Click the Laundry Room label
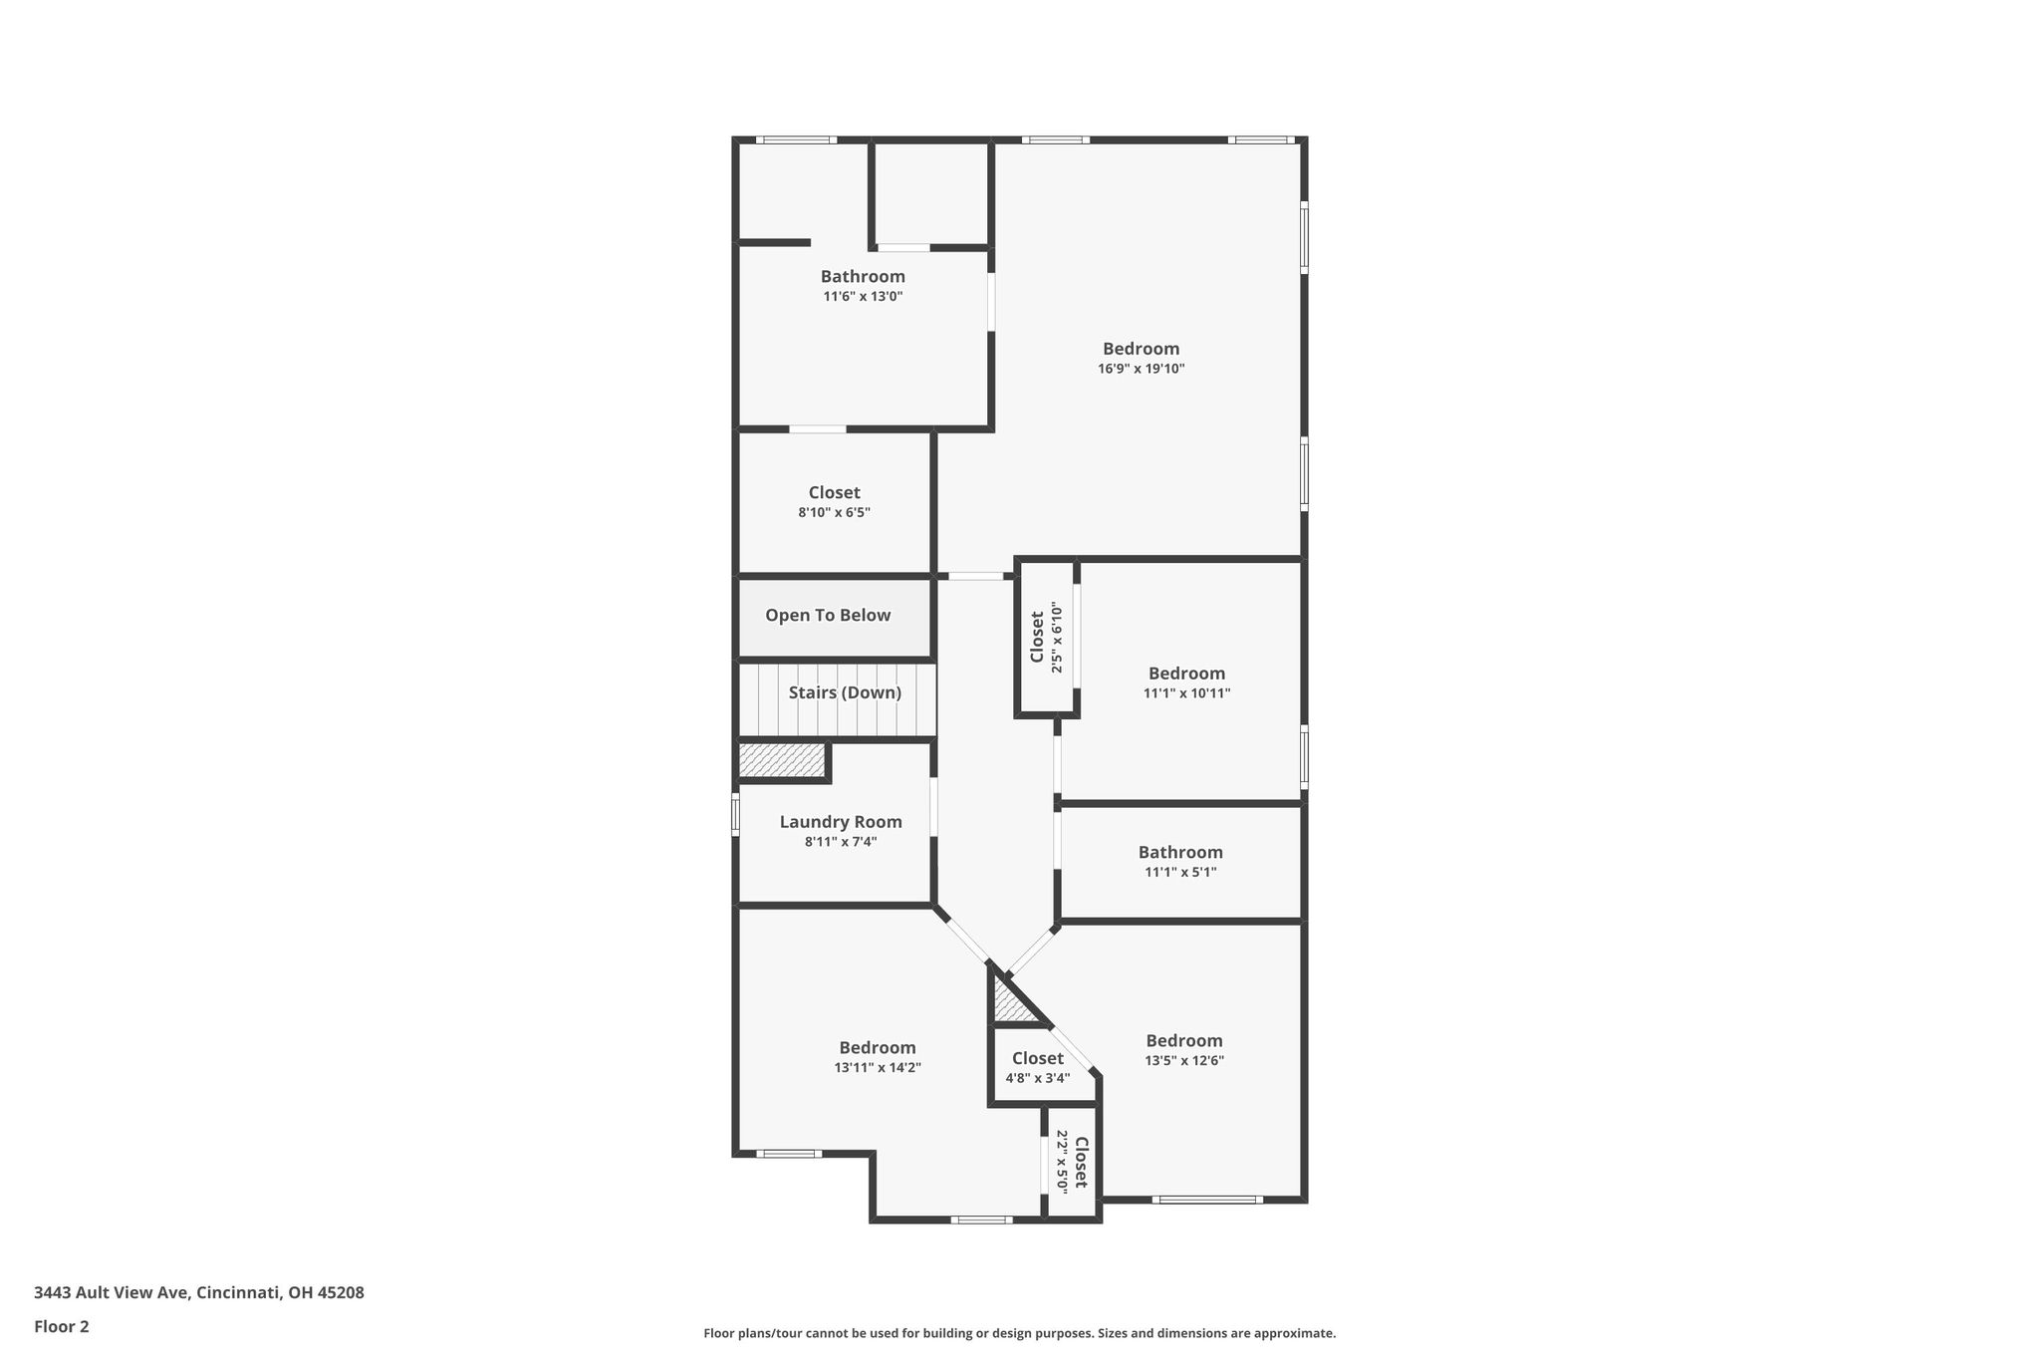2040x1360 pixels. click(x=841, y=822)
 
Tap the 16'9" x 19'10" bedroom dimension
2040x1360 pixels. click(x=1142, y=369)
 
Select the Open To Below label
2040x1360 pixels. click(x=828, y=616)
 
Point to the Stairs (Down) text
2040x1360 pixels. click(x=845, y=692)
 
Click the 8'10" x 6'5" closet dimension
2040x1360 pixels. click(x=835, y=512)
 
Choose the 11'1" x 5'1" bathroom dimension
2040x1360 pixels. click(x=1181, y=872)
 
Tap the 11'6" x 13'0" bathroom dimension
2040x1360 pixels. click(x=863, y=296)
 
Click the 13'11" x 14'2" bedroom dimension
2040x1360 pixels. click(x=878, y=1067)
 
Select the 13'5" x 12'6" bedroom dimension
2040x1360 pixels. click(x=1184, y=1060)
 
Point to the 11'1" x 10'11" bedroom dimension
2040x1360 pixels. click(x=1187, y=692)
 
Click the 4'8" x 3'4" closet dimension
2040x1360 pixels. click(x=1038, y=1078)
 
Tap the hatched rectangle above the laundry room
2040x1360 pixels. click(x=783, y=760)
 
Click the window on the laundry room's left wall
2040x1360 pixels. click(x=736, y=813)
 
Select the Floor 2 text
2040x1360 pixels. click(x=62, y=1326)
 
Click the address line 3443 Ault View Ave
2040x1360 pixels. click(x=199, y=1293)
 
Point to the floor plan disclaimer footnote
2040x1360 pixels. click(x=1020, y=1333)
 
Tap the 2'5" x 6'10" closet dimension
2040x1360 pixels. click(x=1057, y=638)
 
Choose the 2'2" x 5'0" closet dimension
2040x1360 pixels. click(x=1062, y=1161)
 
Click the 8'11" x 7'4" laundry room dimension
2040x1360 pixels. click(x=841, y=842)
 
